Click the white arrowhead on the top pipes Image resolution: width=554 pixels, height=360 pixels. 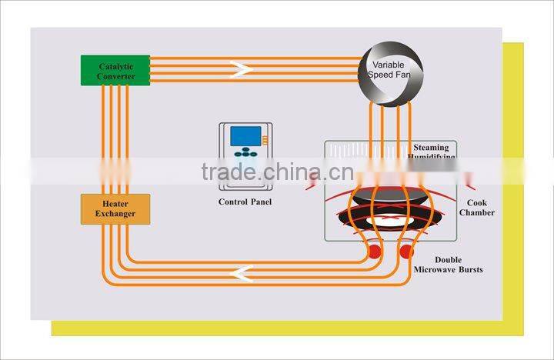coord(243,70)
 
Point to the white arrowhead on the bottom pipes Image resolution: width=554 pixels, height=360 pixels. coord(245,272)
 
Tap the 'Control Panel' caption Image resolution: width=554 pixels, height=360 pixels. coord(245,202)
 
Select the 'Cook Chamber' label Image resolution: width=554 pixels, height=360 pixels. coord(477,208)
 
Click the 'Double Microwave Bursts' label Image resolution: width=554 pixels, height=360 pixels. coord(449,265)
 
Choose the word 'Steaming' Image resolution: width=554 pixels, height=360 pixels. coord(436,146)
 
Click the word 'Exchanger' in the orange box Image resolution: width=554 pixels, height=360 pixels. coord(115,213)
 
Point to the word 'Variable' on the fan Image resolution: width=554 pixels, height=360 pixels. coord(389,65)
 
